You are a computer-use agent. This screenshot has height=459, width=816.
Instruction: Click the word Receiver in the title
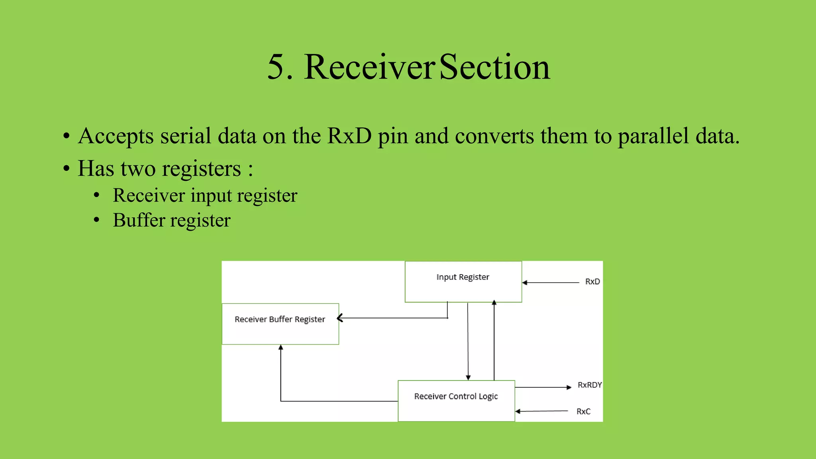[369, 67]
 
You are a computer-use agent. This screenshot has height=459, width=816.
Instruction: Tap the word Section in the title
[494, 67]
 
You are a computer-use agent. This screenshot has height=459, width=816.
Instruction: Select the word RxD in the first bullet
[349, 136]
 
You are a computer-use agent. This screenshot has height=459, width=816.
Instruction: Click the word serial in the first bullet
[186, 136]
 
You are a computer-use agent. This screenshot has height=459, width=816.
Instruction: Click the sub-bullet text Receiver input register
[205, 196]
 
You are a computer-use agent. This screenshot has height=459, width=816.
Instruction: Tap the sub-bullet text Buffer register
[171, 220]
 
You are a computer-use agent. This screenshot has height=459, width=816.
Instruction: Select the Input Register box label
[463, 277]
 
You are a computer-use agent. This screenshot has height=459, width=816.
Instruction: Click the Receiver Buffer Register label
[280, 319]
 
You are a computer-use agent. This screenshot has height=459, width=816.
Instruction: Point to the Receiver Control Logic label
[456, 396]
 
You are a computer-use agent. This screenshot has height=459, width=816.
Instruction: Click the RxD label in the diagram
[592, 282]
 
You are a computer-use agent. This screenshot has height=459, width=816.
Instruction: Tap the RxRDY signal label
[589, 385]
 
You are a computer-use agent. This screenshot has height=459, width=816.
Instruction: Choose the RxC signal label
[583, 412]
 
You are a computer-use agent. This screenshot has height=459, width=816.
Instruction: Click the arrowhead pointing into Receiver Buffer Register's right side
[340, 318]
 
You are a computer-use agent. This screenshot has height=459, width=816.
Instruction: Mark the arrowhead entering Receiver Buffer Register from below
[281, 348]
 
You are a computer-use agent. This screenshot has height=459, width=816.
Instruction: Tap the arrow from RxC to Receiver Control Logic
[542, 411]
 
